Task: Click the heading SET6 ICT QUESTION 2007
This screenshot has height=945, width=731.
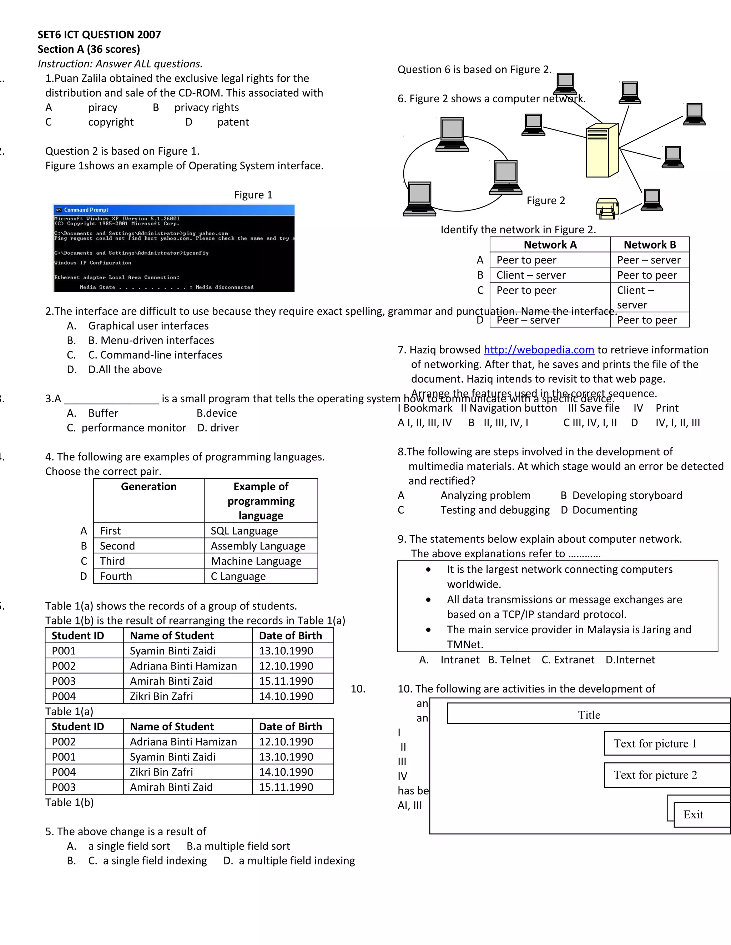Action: (x=99, y=35)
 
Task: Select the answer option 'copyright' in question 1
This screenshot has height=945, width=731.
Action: (x=111, y=122)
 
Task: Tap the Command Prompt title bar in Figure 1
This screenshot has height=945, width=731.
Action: (x=173, y=210)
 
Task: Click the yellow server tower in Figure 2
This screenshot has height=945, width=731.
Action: (x=602, y=150)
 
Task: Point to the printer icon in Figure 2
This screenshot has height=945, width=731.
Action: (x=607, y=209)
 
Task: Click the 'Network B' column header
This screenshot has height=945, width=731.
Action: (x=649, y=245)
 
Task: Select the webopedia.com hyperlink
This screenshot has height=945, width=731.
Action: (x=538, y=349)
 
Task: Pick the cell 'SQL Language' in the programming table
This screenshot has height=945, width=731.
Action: (x=244, y=531)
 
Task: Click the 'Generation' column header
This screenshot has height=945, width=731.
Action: (x=148, y=487)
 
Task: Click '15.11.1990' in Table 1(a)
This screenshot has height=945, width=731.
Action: (x=286, y=681)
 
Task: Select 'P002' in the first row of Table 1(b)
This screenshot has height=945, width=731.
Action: (x=64, y=742)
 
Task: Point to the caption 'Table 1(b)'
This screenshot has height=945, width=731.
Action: (x=69, y=802)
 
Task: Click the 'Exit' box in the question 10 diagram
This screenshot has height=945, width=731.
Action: (x=693, y=815)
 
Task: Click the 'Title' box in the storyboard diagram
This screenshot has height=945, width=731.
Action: (x=589, y=715)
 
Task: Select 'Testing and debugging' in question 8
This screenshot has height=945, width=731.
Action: (x=495, y=510)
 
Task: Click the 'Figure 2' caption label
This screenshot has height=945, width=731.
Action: (x=546, y=201)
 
